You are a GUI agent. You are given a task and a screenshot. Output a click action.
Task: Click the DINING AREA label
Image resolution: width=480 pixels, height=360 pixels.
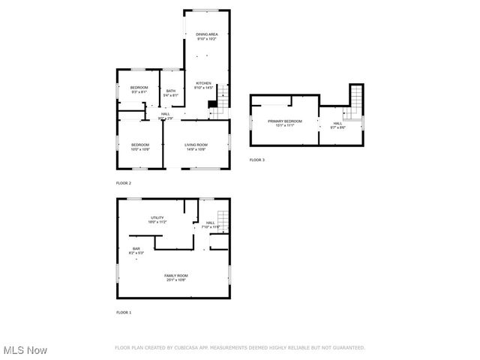click(x=207, y=34)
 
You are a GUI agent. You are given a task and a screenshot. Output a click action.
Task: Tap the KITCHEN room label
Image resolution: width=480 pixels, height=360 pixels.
click(x=203, y=83)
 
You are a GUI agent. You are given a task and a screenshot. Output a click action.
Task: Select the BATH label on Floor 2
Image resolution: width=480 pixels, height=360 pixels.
click(x=171, y=91)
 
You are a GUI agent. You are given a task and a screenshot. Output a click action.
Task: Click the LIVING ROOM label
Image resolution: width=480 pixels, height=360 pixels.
click(x=196, y=145)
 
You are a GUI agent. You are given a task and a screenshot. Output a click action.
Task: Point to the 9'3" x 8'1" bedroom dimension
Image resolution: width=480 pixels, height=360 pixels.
click(x=139, y=92)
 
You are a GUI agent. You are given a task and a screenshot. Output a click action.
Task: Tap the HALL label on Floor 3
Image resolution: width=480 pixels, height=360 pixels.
click(x=337, y=123)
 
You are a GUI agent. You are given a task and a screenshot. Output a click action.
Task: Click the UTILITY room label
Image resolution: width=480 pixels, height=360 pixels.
click(x=157, y=217)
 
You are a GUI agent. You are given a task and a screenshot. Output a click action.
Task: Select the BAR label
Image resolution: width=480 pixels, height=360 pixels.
click(x=136, y=248)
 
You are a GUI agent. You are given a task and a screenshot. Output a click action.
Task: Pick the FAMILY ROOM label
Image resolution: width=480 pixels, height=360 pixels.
click(x=176, y=275)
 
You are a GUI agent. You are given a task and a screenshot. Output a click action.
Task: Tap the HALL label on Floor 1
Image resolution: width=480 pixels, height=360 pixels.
click(x=210, y=222)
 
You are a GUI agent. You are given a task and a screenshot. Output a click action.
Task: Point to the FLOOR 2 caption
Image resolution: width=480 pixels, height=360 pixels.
click(x=124, y=183)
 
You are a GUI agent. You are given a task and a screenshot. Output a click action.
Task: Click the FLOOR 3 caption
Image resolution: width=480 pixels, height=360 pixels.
click(x=257, y=160)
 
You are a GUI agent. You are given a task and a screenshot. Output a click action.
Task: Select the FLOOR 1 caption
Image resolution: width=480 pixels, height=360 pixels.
click(x=124, y=312)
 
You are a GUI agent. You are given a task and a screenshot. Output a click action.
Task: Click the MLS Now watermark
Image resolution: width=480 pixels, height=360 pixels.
click(x=25, y=350)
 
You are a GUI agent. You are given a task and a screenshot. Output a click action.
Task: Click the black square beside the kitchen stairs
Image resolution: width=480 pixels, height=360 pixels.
click(x=212, y=104)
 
